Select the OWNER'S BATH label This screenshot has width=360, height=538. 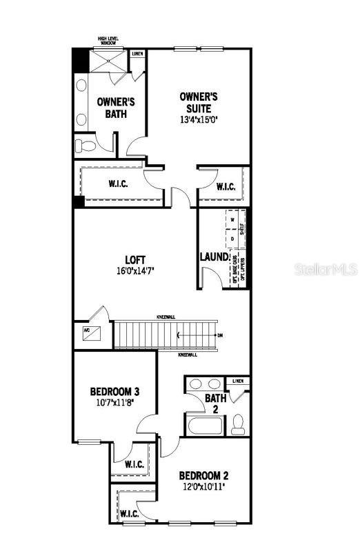coord(115,108)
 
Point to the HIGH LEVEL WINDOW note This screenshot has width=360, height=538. coord(108,41)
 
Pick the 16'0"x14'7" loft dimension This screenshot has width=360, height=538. coord(134,271)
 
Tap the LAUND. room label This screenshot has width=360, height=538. coord(214,257)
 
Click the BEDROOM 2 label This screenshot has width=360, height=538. coord(203,476)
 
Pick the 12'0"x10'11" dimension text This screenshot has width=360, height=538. coord(203,487)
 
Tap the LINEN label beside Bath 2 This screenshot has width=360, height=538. coord(239,381)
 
